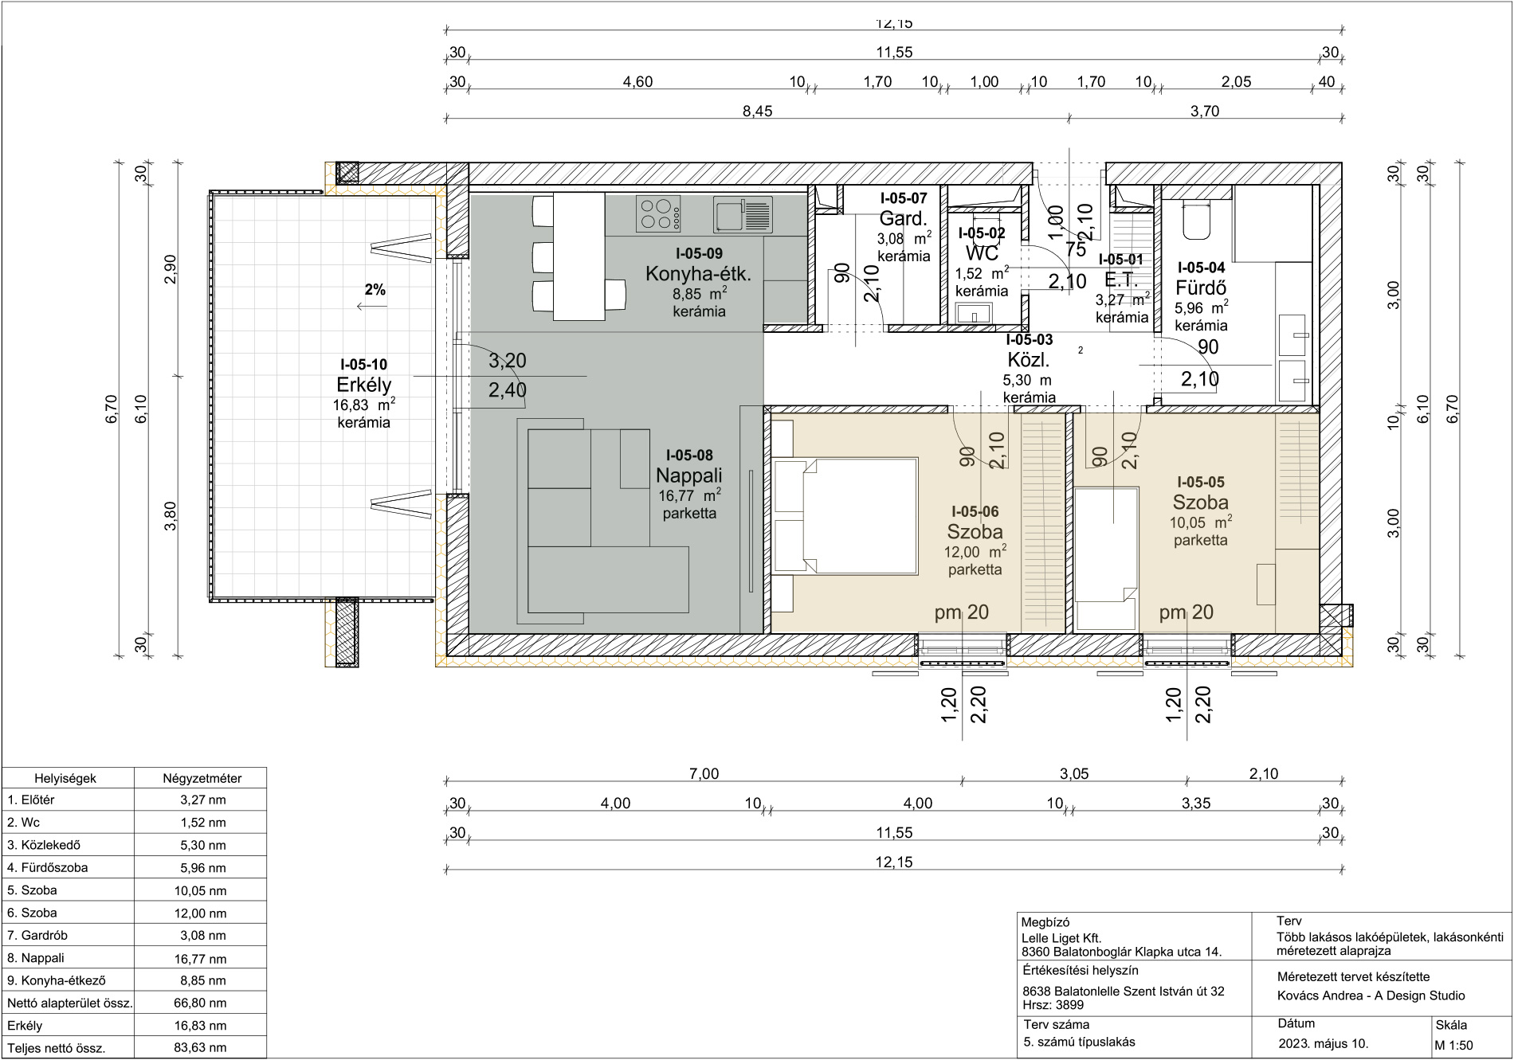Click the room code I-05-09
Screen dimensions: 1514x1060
699,253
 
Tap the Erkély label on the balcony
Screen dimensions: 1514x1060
364,385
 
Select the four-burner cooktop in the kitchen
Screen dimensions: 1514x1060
658,213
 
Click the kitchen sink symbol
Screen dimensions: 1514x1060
743,214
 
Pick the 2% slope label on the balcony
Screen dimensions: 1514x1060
375,290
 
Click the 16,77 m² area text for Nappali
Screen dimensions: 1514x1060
689,495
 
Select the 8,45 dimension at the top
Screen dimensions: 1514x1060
757,111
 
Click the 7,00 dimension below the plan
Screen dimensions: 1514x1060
704,773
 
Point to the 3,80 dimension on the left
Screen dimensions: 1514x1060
170,515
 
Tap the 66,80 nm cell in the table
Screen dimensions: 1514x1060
200,1003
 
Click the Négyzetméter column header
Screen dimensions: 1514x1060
202,778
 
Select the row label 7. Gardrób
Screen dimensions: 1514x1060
37,935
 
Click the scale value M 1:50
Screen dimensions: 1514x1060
1454,1045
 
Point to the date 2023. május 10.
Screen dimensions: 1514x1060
1323,1043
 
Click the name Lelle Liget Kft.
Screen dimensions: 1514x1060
1061,938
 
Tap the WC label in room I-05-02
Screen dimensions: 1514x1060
982,253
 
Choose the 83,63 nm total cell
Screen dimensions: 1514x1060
200,1047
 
